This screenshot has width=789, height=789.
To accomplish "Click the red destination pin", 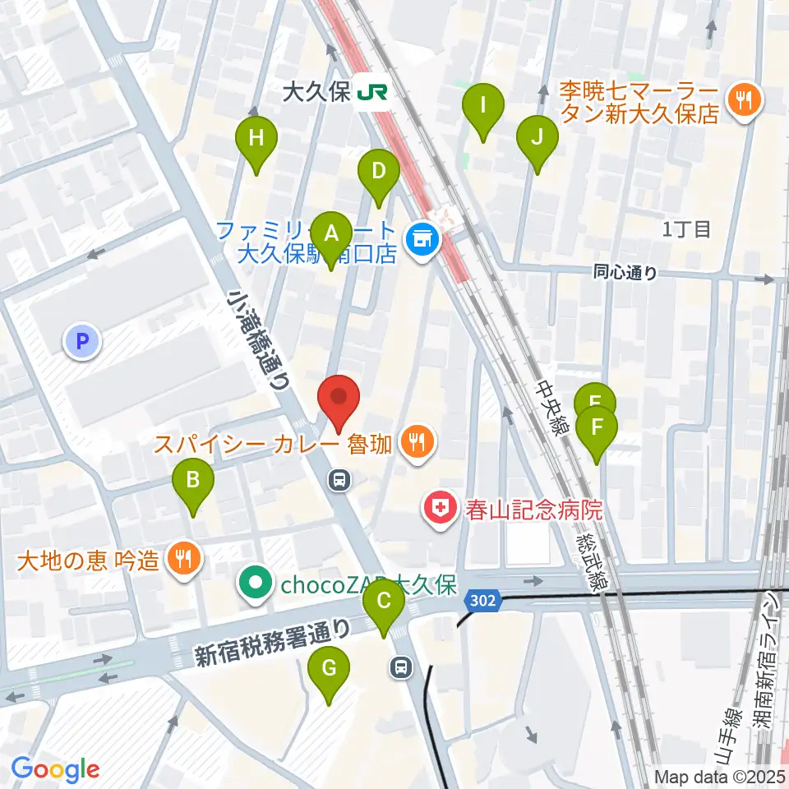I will point(338,400).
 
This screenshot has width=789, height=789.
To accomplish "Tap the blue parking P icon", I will point(82,341).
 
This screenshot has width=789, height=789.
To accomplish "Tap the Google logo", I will point(55,769).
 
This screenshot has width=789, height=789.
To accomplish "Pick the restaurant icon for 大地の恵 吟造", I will point(181,559).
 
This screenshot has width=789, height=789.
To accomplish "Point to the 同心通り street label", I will point(625,273).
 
